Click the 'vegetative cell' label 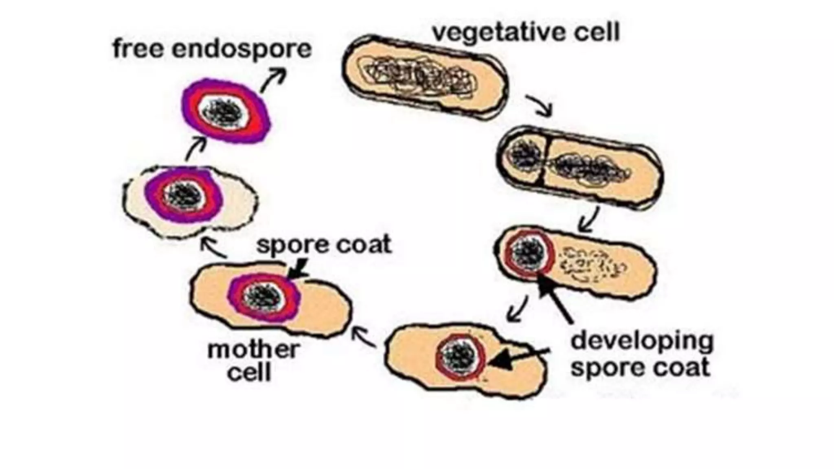[525, 32]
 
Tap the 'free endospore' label [212, 49]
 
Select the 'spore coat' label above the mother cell [324, 245]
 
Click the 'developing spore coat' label [642, 354]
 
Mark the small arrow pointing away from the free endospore [273, 80]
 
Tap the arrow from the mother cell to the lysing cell [213, 248]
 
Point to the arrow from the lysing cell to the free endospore [196, 149]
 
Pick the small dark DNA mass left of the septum [525, 155]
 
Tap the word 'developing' [642, 341]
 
